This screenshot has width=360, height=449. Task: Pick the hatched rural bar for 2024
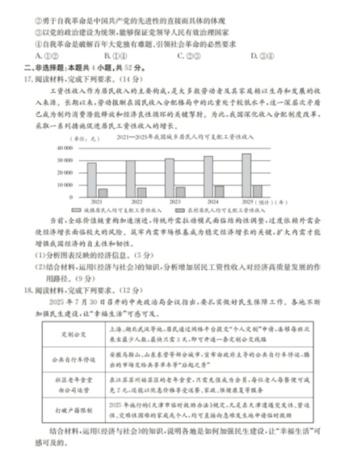219,192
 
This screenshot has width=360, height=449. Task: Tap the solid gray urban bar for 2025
246,175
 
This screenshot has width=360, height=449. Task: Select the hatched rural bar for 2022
142,193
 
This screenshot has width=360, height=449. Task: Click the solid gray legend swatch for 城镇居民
76,210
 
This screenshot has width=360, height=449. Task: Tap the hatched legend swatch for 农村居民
181,210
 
